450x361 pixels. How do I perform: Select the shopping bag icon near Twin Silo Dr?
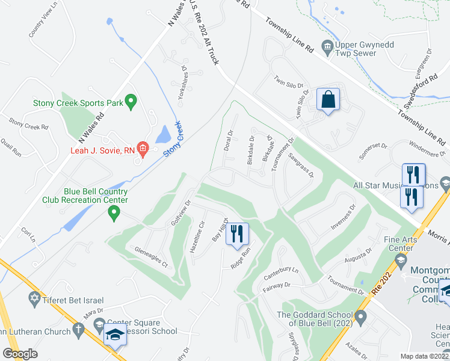(x=328, y=100)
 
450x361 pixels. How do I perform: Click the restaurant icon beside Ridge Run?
(x=237, y=233)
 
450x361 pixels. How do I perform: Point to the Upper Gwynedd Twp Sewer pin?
(x=327, y=46)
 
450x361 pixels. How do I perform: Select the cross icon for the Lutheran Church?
(x=78, y=329)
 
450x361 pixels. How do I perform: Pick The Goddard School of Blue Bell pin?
(x=360, y=316)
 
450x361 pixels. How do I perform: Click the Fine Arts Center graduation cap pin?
(x=399, y=259)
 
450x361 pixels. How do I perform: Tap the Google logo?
(x=20, y=353)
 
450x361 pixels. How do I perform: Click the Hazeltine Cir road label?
(x=197, y=237)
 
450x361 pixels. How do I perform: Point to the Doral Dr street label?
(x=228, y=140)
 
